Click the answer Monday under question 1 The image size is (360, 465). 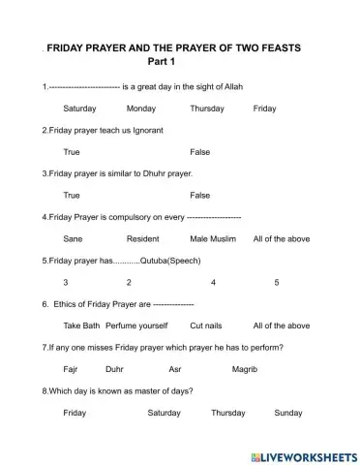(140, 108)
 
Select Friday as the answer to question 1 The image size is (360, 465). (264, 108)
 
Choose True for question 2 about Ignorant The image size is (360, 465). (71, 152)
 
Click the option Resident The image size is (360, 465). (143, 238)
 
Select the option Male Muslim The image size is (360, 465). (212, 238)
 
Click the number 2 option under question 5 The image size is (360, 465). (129, 282)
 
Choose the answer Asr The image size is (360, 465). (175, 369)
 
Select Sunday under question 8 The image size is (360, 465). (288, 413)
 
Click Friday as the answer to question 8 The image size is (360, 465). (75, 413)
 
